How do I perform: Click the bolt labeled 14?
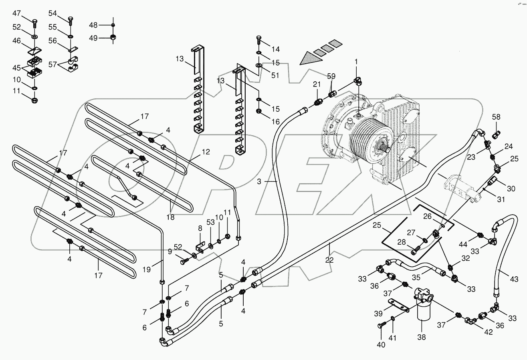pos(258,40)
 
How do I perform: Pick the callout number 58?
pos(497,117)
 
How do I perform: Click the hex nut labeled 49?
pos(113,38)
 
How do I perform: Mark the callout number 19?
pos(147,270)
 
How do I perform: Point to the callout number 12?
pos(206,152)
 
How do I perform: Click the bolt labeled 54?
pos(71,20)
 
